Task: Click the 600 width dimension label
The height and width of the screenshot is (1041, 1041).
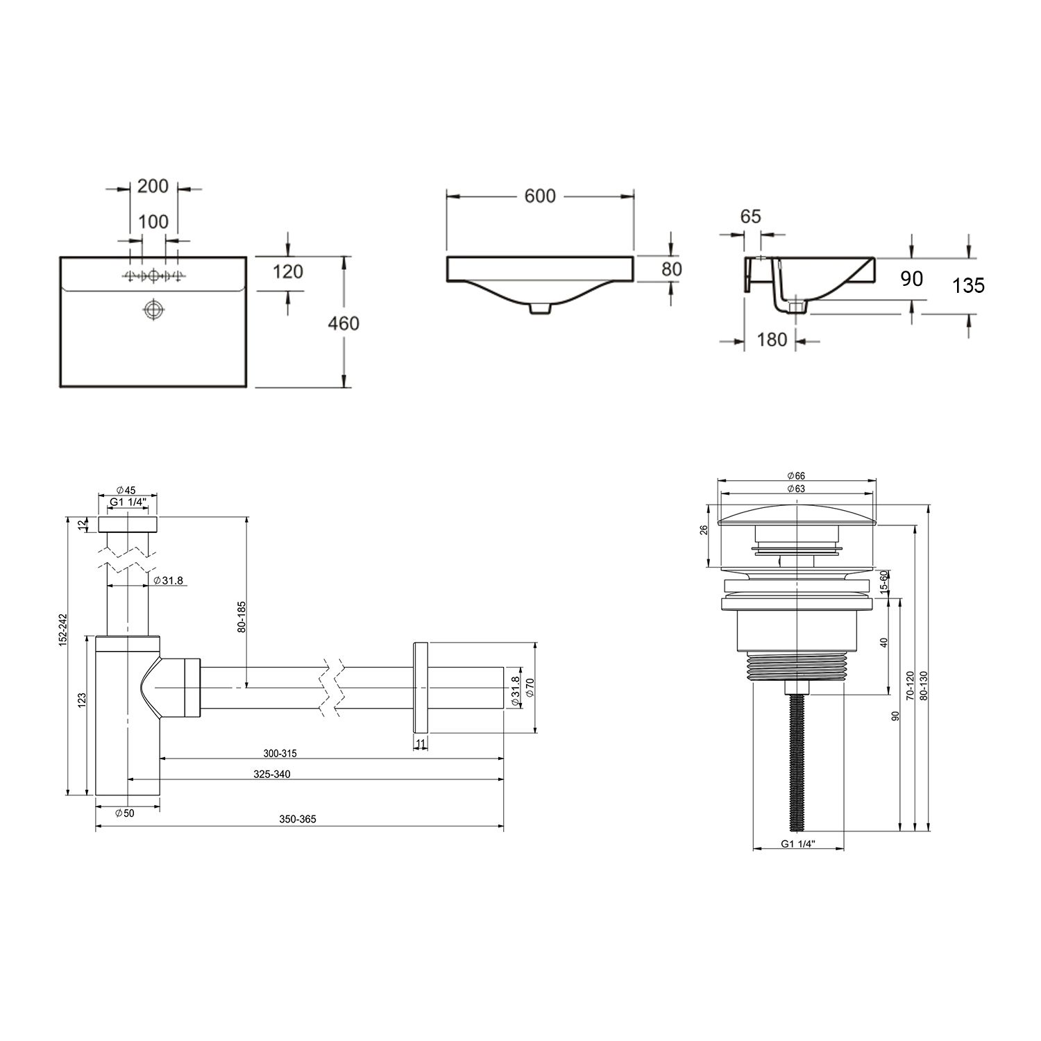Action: coord(540,196)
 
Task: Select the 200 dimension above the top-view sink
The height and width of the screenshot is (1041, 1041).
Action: coord(153,186)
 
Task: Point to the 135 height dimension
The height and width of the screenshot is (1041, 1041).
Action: coord(968,285)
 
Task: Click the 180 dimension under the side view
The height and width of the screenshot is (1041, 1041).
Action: coord(772,339)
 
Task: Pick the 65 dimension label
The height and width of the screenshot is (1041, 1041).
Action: coord(750,216)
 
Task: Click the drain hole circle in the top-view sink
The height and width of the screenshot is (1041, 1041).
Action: coord(153,309)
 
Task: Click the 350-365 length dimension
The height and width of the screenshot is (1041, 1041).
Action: coord(298,819)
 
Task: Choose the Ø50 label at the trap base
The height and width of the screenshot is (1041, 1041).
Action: coord(124,813)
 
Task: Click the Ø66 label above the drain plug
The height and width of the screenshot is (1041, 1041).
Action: coord(796,475)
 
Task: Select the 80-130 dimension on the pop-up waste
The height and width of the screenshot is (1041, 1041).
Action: coord(922,686)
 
